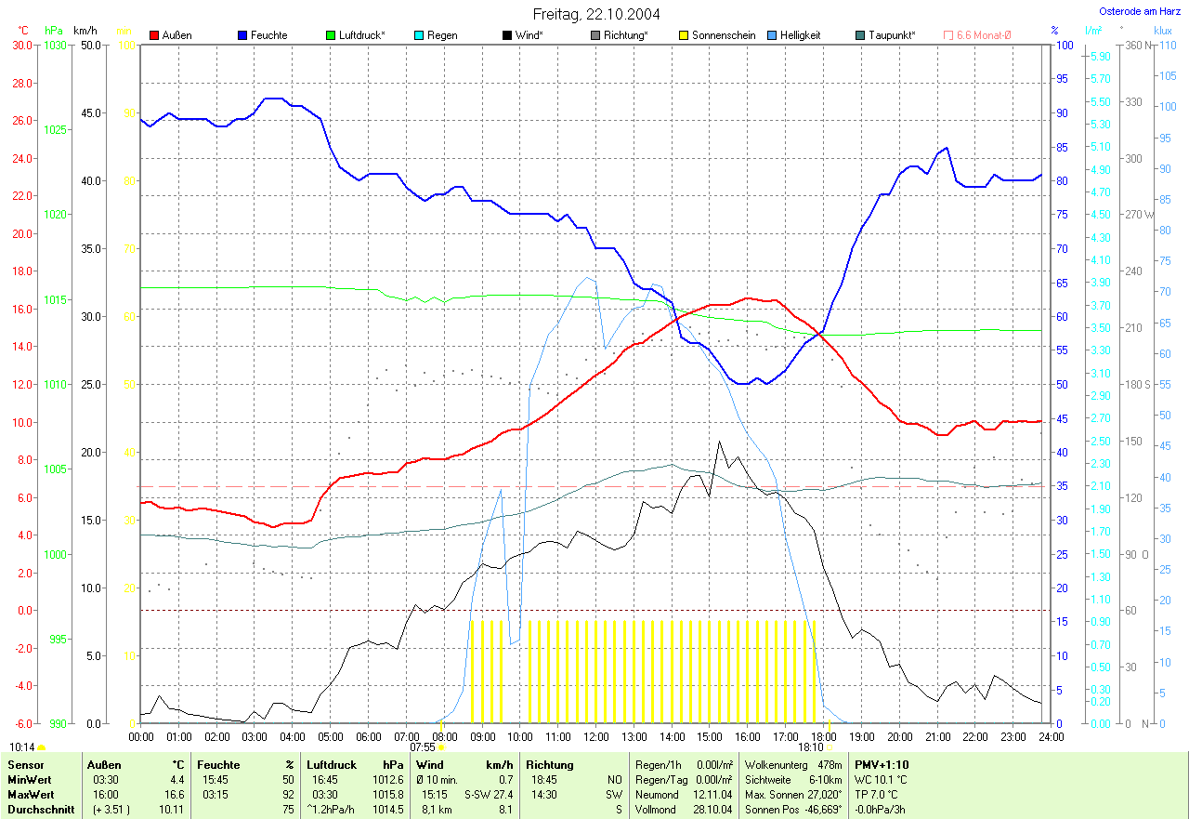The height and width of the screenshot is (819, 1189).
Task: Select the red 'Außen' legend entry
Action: (173, 35)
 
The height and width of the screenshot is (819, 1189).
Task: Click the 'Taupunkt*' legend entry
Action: (891, 35)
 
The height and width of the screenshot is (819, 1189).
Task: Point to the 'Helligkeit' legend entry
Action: (800, 35)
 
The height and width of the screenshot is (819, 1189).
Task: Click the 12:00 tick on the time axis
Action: (595, 736)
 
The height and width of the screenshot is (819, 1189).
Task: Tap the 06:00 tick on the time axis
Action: (368, 736)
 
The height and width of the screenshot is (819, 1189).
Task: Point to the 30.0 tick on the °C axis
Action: (21, 45)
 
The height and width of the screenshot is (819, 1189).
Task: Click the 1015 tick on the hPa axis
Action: (56, 300)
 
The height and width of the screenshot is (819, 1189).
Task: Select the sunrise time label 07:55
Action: (423, 746)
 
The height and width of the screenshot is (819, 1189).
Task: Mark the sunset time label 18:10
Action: (810, 746)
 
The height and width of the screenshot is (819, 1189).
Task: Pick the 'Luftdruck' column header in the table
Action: (331, 765)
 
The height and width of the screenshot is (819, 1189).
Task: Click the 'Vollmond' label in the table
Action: (655, 810)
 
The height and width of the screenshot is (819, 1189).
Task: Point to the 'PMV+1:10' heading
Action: (882, 765)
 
